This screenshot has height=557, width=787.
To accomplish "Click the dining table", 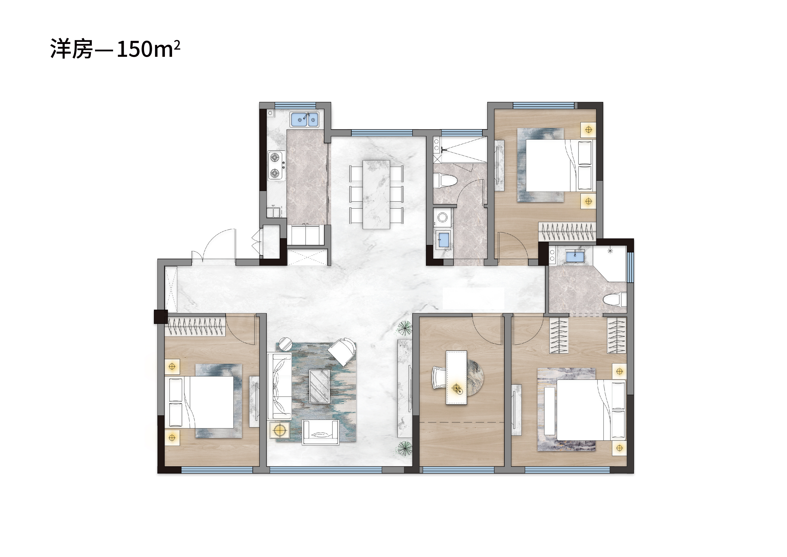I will [376, 194].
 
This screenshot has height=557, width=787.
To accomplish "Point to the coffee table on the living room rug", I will [319, 386].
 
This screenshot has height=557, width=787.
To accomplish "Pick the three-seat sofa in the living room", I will [279, 386].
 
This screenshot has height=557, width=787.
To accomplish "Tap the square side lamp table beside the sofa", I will [280, 430].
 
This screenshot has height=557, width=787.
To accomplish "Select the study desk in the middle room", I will [456, 377].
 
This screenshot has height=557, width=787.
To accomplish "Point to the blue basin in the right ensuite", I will [575, 256].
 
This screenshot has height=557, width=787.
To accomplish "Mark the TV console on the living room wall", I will [405, 388].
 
